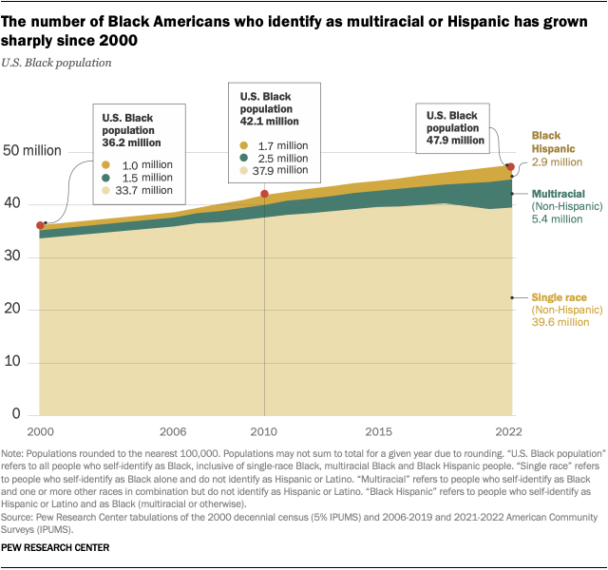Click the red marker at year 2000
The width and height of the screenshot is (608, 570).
[40, 225]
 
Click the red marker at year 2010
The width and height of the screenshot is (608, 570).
[264, 194]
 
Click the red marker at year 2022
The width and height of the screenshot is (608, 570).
[510, 167]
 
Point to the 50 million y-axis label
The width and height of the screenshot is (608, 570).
[31, 150]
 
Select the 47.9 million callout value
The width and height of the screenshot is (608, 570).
[455, 140]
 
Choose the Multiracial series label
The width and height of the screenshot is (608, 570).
[559, 193]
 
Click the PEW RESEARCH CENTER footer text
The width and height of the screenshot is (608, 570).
[56, 549]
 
